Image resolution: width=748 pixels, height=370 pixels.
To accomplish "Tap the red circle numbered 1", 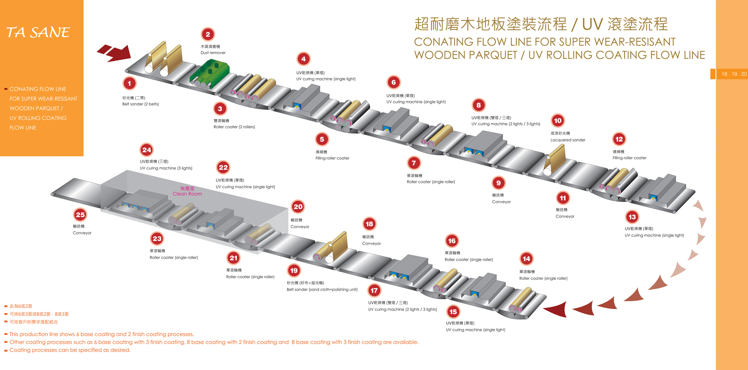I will [129, 84].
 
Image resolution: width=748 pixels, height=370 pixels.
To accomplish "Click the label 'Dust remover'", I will [213, 53].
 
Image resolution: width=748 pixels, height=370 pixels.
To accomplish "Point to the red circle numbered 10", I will [558, 121].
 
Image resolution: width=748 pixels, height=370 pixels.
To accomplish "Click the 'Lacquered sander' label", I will [568, 140].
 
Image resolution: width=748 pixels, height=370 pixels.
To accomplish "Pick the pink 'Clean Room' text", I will [187, 194].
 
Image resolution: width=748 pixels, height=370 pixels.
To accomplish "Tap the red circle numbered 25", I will [80, 215].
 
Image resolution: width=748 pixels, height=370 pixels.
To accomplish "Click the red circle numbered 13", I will [632, 217].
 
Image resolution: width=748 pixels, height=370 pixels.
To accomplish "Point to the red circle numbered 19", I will [294, 271].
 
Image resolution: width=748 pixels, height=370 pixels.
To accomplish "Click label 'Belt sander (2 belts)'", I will [140, 104].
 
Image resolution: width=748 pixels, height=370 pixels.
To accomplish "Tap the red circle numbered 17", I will [374, 291].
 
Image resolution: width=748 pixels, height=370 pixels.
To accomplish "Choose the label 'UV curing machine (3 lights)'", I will [166, 168].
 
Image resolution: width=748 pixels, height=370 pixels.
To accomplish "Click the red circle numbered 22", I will [223, 168].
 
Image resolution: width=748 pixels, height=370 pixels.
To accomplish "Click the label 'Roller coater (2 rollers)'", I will [234, 127].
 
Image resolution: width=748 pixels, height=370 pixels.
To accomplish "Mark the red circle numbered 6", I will [394, 83].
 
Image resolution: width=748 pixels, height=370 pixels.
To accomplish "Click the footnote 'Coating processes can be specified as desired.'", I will [70, 350].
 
